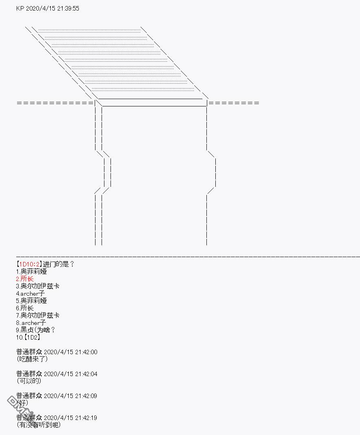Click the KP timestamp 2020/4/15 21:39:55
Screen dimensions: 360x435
(52, 8)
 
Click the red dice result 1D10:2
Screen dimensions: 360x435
(29, 264)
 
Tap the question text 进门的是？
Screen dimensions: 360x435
(59, 264)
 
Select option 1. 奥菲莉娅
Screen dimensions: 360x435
(31, 271)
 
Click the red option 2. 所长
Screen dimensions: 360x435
(25, 279)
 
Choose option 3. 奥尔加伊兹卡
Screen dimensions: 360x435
(38, 286)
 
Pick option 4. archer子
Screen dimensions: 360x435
(30, 293)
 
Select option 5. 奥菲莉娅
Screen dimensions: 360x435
(31, 301)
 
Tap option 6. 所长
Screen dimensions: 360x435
(25, 308)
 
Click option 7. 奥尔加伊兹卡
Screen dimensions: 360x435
(38, 315)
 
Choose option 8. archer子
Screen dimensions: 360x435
(31, 322)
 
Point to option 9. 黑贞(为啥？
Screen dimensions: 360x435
(36, 330)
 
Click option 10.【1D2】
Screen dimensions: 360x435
(28, 338)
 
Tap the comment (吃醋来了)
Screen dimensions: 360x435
(32, 359)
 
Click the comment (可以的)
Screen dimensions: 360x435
(29, 381)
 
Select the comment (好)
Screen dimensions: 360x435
(22, 403)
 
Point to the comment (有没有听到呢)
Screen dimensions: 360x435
(39, 425)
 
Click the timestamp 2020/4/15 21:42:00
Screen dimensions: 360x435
(71, 352)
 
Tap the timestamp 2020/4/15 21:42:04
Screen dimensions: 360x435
(71, 374)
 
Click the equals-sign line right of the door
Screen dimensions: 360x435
(234, 103)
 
